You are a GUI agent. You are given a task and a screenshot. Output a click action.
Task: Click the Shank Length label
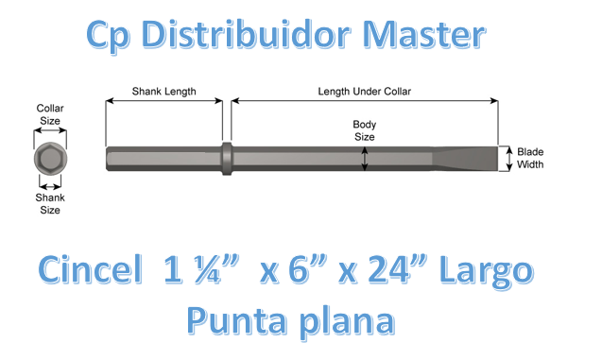pos(164,92)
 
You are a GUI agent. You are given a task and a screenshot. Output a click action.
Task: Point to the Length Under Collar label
pos(364,92)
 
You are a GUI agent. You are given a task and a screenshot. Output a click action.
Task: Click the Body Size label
pos(364,129)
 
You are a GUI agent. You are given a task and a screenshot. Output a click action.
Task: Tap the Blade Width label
pos(530,158)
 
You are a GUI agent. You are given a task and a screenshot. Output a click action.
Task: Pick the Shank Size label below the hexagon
pos(49,204)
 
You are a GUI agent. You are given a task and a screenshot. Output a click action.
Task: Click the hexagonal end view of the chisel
pos(49,158)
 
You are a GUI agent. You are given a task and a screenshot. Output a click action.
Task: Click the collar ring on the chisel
pos(227,158)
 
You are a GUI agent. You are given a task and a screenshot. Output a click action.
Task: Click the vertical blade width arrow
pos(507,158)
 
